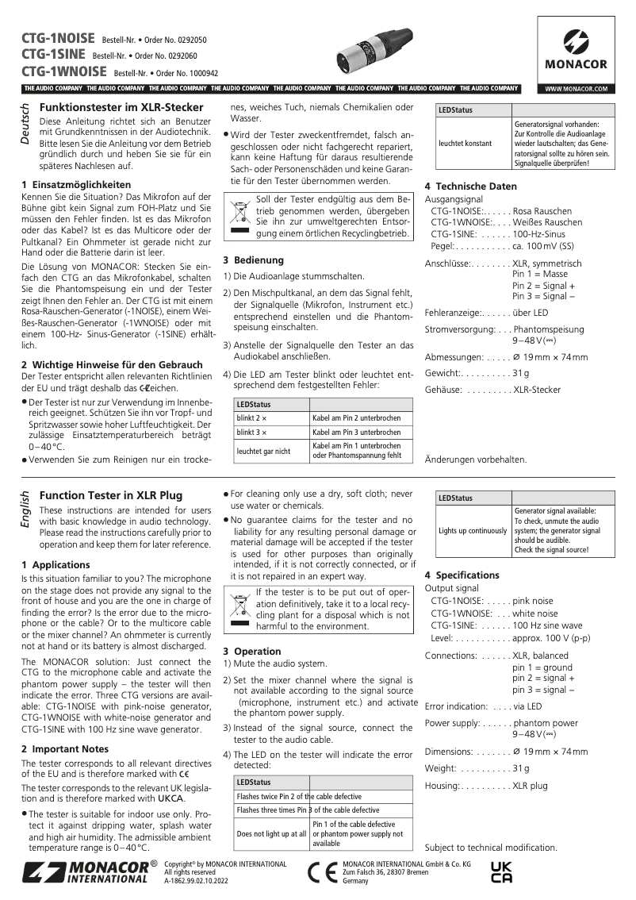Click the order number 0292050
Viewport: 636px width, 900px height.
click(x=190, y=40)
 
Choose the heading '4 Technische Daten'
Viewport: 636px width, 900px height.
click(x=470, y=186)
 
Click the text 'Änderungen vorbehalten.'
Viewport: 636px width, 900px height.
click(x=476, y=460)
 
